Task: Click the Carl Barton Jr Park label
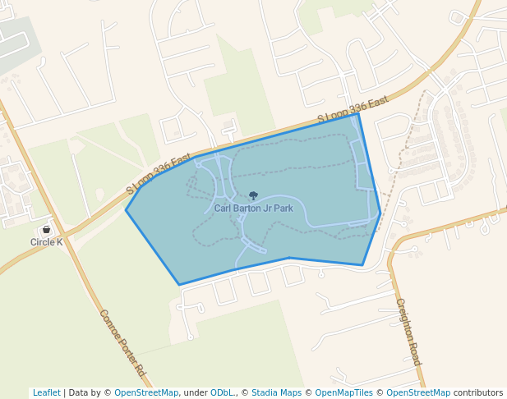(253, 209)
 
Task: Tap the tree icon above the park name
(253, 196)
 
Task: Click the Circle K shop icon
(46, 230)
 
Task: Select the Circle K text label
(46, 242)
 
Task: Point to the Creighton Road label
(408, 332)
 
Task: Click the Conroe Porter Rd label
(122, 343)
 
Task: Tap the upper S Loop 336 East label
(353, 112)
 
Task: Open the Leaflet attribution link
(46, 392)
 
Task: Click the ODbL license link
(222, 392)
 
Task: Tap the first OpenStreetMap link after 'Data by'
(146, 392)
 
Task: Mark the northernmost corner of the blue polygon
(358, 113)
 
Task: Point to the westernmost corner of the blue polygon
(126, 210)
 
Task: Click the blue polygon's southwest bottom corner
(179, 285)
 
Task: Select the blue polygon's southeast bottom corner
(362, 265)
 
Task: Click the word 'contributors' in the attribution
(478, 392)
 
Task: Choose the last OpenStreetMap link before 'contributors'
(418, 392)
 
